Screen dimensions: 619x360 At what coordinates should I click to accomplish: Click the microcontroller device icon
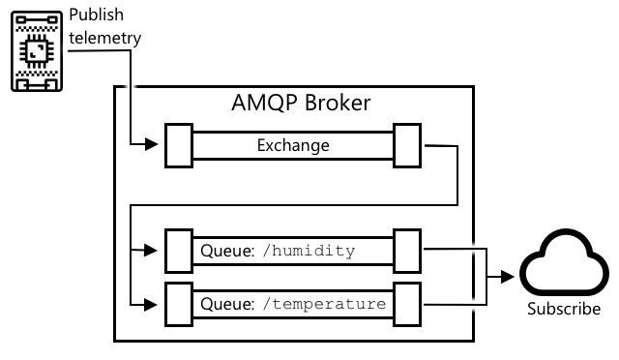[x=37, y=51]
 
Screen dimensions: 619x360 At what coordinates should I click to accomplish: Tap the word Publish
[x=97, y=15]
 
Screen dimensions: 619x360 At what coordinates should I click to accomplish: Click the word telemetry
[x=105, y=39]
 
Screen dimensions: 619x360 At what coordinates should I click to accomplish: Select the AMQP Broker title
[x=301, y=103]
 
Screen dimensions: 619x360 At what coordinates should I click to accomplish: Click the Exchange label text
[x=293, y=145]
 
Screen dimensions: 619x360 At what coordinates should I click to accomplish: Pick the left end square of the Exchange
[x=179, y=145]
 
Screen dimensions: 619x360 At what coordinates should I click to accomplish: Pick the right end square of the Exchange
[x=407, y=145]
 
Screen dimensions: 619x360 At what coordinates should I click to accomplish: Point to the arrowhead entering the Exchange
[x=151, y=144]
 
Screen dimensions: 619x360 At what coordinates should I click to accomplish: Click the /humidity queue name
[x=309, y=251]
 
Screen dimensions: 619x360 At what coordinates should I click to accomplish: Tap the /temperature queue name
[x=324, y=304]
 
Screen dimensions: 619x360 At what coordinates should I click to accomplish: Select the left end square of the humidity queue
[x=179, y=251]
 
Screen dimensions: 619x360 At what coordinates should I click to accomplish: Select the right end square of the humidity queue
[x=407, y=251]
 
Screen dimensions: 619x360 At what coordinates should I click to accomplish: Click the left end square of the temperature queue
[x=179, y=304]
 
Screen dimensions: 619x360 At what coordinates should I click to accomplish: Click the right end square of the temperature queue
[x=407, y=304]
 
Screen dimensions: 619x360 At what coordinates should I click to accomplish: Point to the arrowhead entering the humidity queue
[x=151, y=250]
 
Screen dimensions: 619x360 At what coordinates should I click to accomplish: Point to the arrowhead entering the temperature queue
[x=151, y=305]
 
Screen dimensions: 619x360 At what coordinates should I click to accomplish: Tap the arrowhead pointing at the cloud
[x=508, y=277]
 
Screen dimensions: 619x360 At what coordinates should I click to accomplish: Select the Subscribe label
[x=564, y=309]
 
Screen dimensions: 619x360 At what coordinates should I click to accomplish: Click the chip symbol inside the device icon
[x=37, y=51]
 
